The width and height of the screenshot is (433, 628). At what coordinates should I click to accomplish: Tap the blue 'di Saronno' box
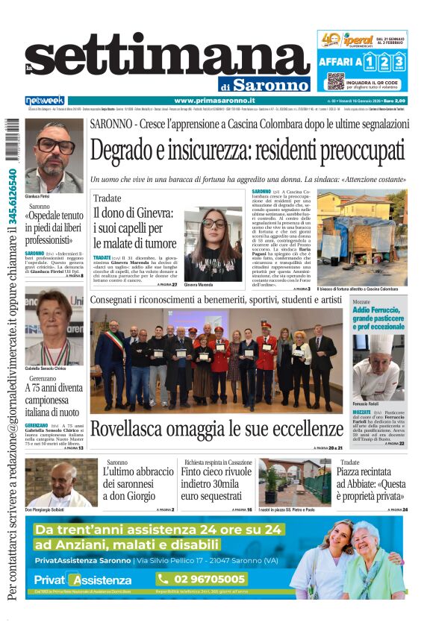(x=264, y=84)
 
